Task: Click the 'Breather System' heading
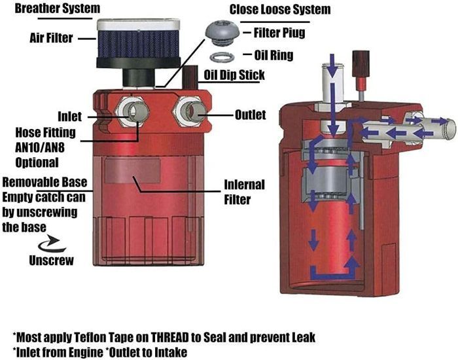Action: [x=51, y=9]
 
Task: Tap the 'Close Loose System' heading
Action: [x=279, y=10]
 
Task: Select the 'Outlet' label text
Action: [x=250, y=115]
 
